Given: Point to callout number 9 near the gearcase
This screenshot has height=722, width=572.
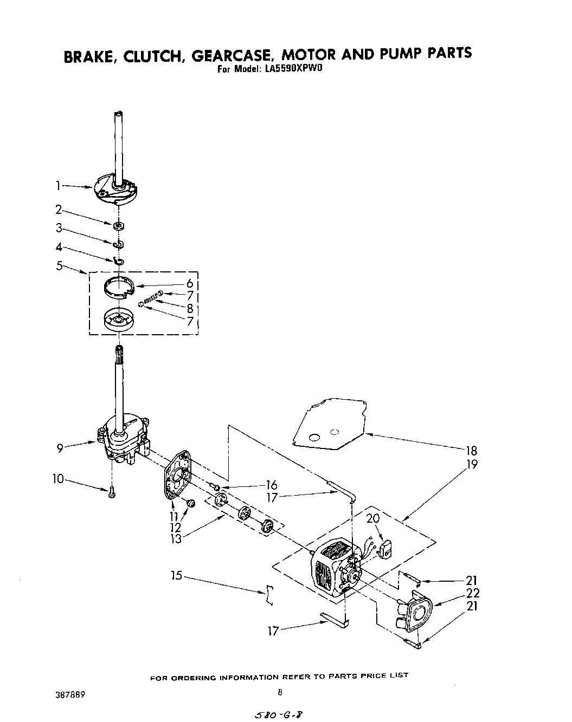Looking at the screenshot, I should pyautogui.click(x=60, y=447).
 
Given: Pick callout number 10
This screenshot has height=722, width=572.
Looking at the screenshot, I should pyautogui.click(x=57, y=479).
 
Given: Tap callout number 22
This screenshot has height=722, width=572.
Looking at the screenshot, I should pyautogui.click(x=473, y=593).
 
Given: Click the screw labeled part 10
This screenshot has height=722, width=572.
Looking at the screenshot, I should pyautogui.click(x=112, y=492).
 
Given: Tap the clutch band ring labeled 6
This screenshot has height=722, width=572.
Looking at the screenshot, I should pyautogui.click(x=119, y=287).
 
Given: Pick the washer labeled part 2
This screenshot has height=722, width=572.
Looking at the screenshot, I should pyautogui.click(x=119, y=224).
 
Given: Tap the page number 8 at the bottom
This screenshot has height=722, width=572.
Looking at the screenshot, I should pyautogui.click(x=280, y=692).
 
